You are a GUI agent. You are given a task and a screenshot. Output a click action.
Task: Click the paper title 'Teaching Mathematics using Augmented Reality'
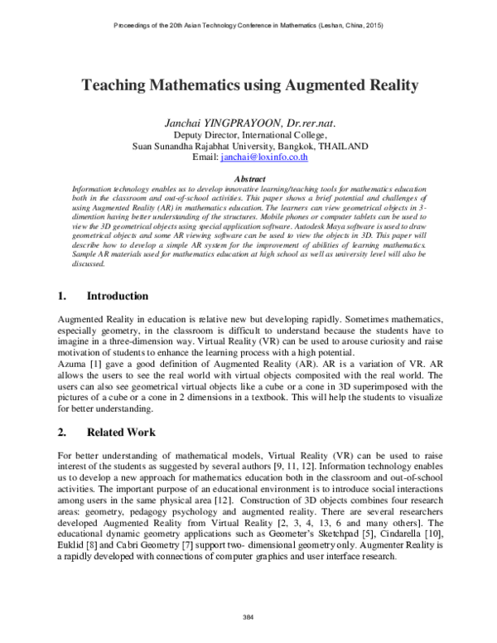click(x=249, y=85)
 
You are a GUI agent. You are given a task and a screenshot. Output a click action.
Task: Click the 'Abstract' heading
click(x=250, y=178)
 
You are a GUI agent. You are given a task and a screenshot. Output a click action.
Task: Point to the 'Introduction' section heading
click(x=118, y=296)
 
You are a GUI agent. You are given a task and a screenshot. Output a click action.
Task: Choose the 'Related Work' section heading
click(x=121, y=432)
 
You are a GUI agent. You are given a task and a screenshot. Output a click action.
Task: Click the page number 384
click(x=248, y=619)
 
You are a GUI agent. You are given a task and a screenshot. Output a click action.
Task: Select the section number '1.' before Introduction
click(x=62, y=296)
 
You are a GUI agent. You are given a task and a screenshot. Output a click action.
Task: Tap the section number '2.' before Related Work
click(x=62, y=432)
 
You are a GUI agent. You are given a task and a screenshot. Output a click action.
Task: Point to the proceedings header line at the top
click(x=248, y=26)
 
